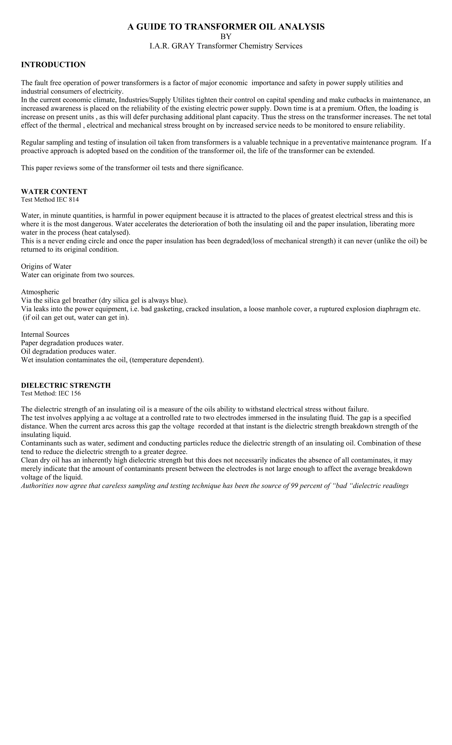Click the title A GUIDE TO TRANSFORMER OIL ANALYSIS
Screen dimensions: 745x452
coord(226,27)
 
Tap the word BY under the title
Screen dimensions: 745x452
coord(226,37)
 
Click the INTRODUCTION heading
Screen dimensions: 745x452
coord(53,65)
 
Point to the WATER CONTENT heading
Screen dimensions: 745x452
coord(54,192)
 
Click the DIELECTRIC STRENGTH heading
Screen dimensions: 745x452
coord(66,385)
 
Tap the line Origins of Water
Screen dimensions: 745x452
coord(46,266)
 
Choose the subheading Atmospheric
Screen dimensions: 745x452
coord(40,292)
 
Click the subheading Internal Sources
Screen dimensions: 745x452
coord(45,334)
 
